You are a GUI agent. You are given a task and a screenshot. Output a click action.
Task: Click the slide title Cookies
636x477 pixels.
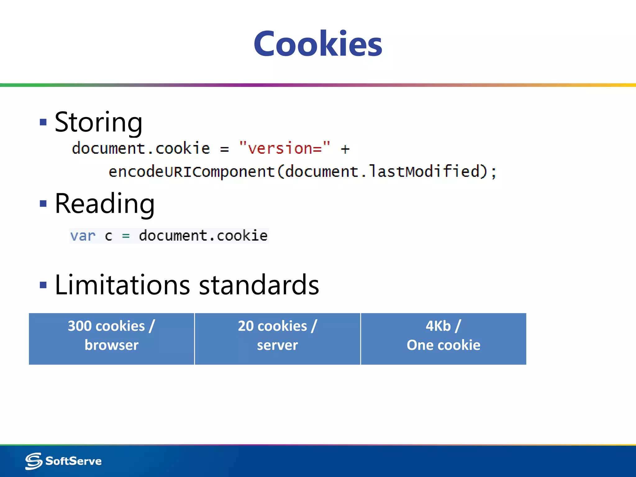(x=318, y=44)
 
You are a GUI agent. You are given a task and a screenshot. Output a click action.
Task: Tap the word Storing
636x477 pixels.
(x=98, y=122)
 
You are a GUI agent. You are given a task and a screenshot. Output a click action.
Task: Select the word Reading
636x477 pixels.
(x=105, y=204)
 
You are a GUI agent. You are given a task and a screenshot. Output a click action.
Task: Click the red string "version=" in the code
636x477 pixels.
(x=284, y=148)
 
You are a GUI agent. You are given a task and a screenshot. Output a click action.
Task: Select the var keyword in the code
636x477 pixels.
(x=83, y=236)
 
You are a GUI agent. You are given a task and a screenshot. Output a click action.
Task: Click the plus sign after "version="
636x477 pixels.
(x=345, y=149)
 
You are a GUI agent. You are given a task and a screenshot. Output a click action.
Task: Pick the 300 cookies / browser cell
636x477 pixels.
(x=111, y=338)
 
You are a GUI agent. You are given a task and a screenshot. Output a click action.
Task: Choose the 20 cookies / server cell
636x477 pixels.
(x=277, y=338)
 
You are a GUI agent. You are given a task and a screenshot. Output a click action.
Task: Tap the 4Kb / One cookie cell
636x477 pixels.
(x=443, y=338)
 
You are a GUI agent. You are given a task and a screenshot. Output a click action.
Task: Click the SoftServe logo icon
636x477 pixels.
(x=34, y=461)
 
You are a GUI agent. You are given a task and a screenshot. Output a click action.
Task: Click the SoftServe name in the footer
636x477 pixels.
(x=74, y=461)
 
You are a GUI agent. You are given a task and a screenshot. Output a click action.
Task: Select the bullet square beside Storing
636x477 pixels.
(x=43, y=122)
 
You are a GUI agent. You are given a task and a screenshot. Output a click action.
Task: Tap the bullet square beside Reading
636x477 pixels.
(x=43, y=204)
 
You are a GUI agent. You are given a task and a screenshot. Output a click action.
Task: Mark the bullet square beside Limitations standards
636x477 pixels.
(x=43, y=285)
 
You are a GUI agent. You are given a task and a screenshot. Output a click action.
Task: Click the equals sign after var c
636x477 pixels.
(x=126, y=236)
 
